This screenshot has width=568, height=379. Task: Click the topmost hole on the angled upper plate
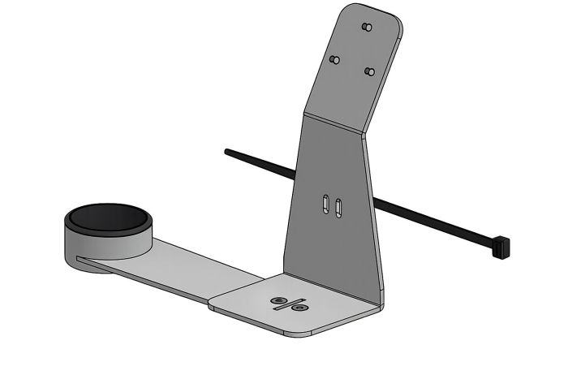point(367,27)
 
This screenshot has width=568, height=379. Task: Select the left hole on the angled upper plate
point(333,59)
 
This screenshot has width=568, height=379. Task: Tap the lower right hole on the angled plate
point(369,71)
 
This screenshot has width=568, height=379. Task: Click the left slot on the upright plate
point(325,203)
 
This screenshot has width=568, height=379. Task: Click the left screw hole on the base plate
point(278,302)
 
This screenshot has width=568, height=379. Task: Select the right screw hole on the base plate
point(299,308)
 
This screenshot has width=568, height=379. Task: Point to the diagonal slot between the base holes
point(288,305)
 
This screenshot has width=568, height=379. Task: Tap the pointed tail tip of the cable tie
point(227,150)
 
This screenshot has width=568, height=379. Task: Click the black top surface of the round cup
point(106,217)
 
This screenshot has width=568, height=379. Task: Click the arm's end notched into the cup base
point(81,260)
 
